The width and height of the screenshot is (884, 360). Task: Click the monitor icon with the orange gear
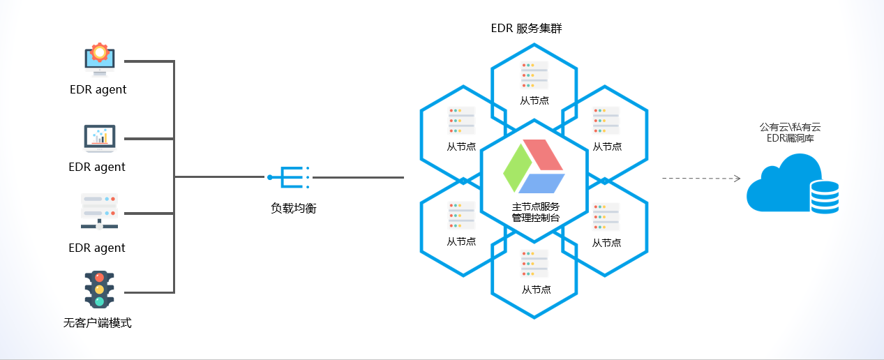tap(100, 61)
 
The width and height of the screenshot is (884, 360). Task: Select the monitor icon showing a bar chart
tap(99, 137)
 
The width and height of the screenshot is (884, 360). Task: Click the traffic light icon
tap(99, 289)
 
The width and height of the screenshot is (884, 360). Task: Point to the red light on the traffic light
tap(99, 277)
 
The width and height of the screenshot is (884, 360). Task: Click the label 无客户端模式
tap(98, 323)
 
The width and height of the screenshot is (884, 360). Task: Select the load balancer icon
tap(287, 177)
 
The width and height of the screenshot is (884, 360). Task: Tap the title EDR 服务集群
tap(526, 29)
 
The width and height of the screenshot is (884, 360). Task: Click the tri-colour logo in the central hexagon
tap(534, 167)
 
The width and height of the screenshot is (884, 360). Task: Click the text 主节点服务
tap(536, 207)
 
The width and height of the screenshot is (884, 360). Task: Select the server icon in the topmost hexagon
tap(534, 75)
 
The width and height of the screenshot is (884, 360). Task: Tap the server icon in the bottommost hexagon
tap(534, 264)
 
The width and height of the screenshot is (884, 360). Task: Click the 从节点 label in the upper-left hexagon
tap(461, 147)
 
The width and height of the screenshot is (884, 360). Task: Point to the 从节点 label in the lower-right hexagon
tap(606, 243)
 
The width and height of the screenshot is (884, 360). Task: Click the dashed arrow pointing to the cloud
tap(701, 179)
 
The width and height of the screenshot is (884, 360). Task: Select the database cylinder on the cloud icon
tap(823, 197)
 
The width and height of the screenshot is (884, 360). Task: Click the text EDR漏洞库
tap(790, 138)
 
